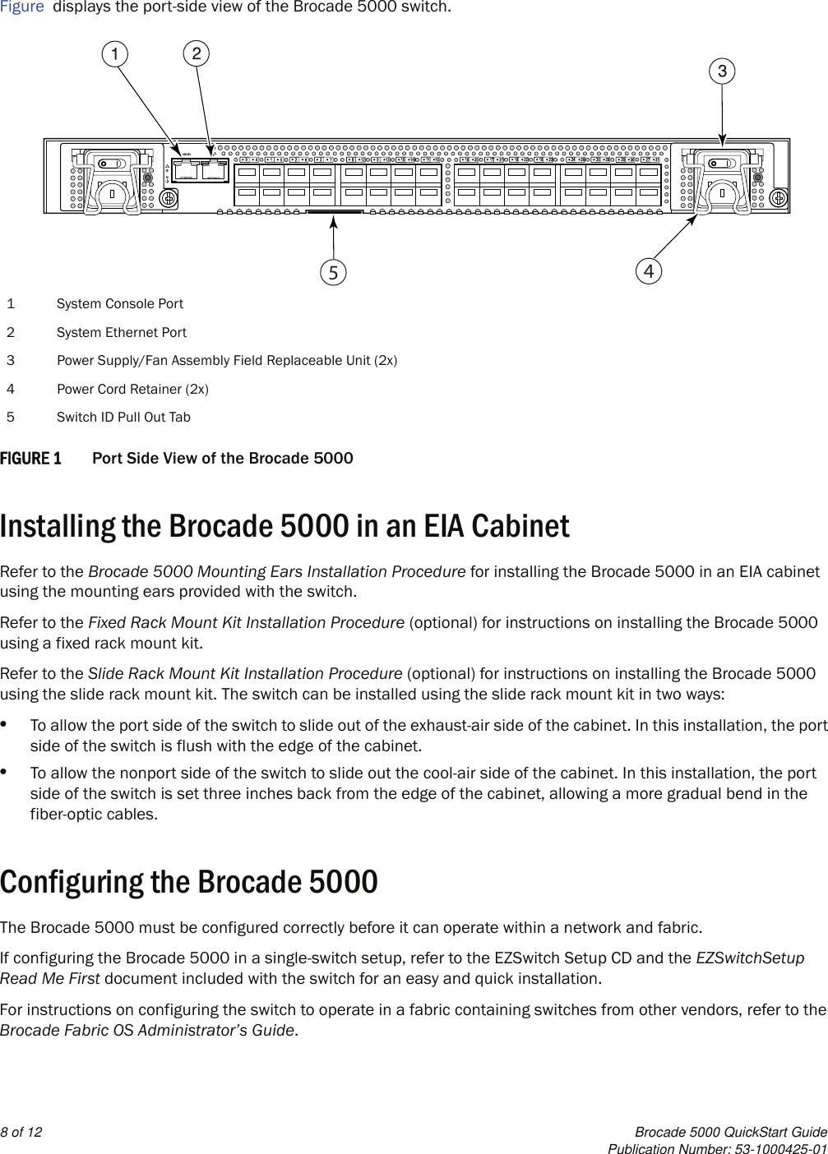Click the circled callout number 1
[x=115, y=54]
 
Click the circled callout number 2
[x=196, y=53]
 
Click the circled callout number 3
[x=722, y=72]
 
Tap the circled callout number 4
[x=649, y=270]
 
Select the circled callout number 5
[x=333, y=272]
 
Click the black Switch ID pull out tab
[x=333, y=212]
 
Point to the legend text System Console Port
[x=120, y=303]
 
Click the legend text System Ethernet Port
[x=122, y=332]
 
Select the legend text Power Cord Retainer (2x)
[x=132, y=389]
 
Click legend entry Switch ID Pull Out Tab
[x=123, y=417]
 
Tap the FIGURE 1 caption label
[x=30, y=458]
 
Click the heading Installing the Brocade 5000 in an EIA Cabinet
[x=284, y=526]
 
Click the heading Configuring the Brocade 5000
[x=189, y=882]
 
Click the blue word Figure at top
[x=22, y=7]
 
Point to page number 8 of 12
[x=21, y=1132]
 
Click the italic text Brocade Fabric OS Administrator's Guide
[x=147, y=1030]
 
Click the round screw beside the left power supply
[x=169, y=198]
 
